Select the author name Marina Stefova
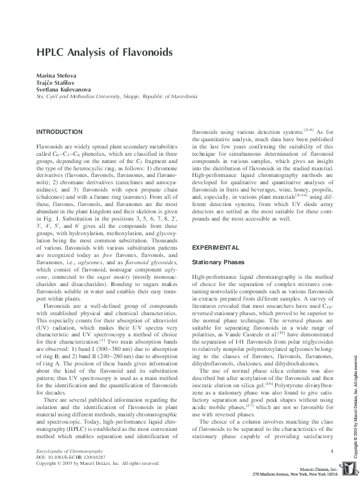click(56, 74)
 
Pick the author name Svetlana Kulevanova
click(63, 88)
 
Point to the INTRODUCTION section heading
click(59, 132)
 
